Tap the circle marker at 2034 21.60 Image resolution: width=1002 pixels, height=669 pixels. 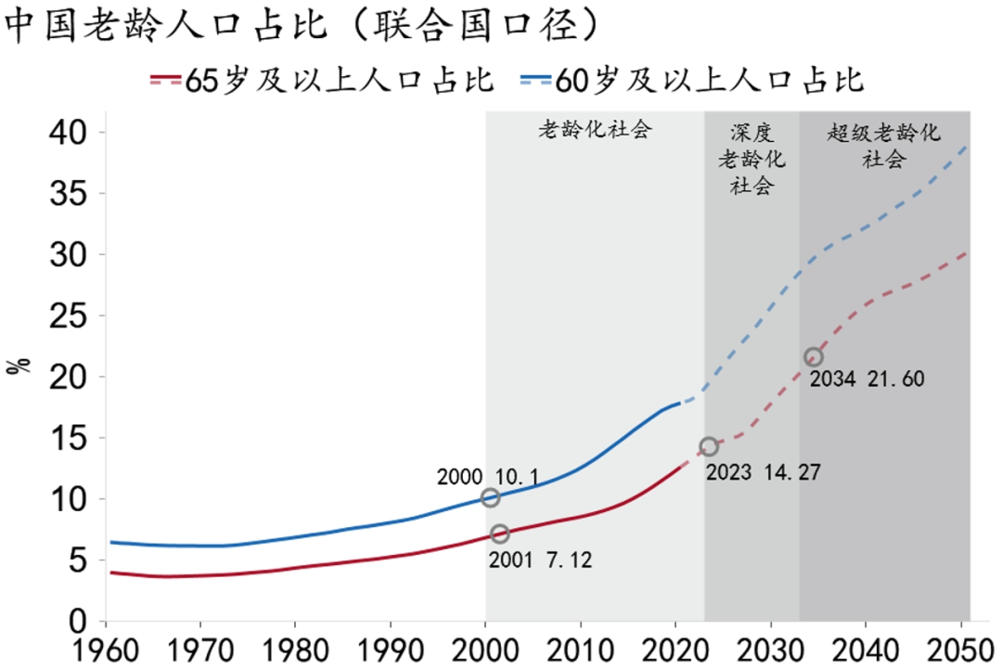(x=814, y=356)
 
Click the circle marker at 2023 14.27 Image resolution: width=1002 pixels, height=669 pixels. (x=709, y=446)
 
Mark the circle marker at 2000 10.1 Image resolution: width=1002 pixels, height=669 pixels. (x=491, y=497)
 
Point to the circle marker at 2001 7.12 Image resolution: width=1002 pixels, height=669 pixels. (x=500, y=534)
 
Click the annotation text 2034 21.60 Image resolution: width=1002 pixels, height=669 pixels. (x=867, y=380)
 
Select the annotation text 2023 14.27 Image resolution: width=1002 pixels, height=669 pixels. (x=763, y=471)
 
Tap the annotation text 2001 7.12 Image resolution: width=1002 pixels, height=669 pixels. (x=540, y=560)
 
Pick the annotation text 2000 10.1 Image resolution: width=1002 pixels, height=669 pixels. (x=487, y=477)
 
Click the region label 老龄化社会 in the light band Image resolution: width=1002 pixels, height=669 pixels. (x=595, y=130)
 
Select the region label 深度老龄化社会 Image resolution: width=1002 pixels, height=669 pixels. (x=751, y=159)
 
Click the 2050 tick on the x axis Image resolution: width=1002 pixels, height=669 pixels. (x=961, y=649)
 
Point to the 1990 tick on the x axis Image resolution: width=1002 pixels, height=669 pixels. (x=391, y=649)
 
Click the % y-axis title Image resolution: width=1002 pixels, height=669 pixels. (x=19, y=365)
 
